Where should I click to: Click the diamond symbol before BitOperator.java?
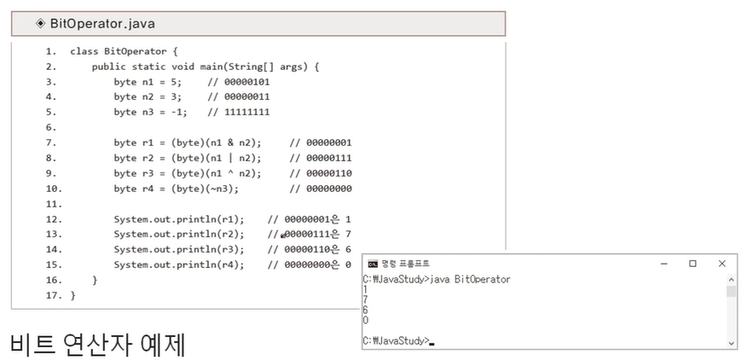40,24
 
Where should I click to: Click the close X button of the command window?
722,264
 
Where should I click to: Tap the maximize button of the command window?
693,264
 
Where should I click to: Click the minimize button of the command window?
664,264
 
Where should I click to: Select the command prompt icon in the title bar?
372,264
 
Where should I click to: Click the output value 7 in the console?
366,300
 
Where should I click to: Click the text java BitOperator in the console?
472,279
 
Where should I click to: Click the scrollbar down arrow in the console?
731,342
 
